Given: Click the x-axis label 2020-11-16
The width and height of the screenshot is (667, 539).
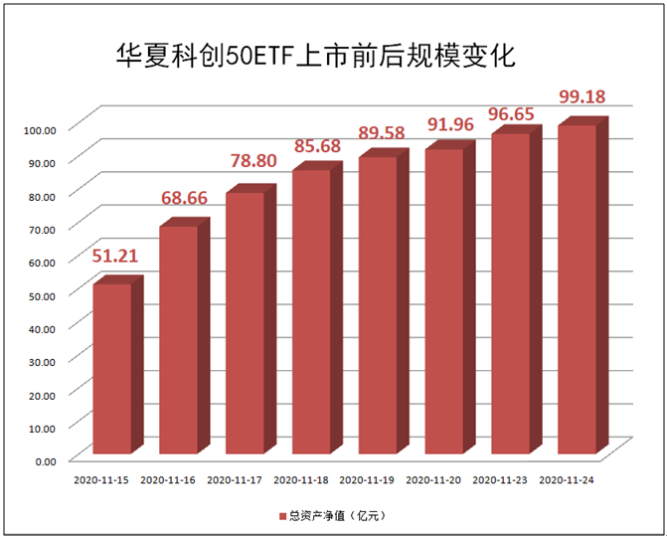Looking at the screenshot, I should (x=167, y=480).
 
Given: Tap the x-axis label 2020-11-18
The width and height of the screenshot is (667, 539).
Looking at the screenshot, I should (x=300, y=480).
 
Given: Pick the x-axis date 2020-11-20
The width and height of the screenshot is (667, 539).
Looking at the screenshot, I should (x=432, y=480).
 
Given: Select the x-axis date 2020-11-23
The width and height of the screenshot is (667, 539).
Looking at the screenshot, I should (x=498, y=480).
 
